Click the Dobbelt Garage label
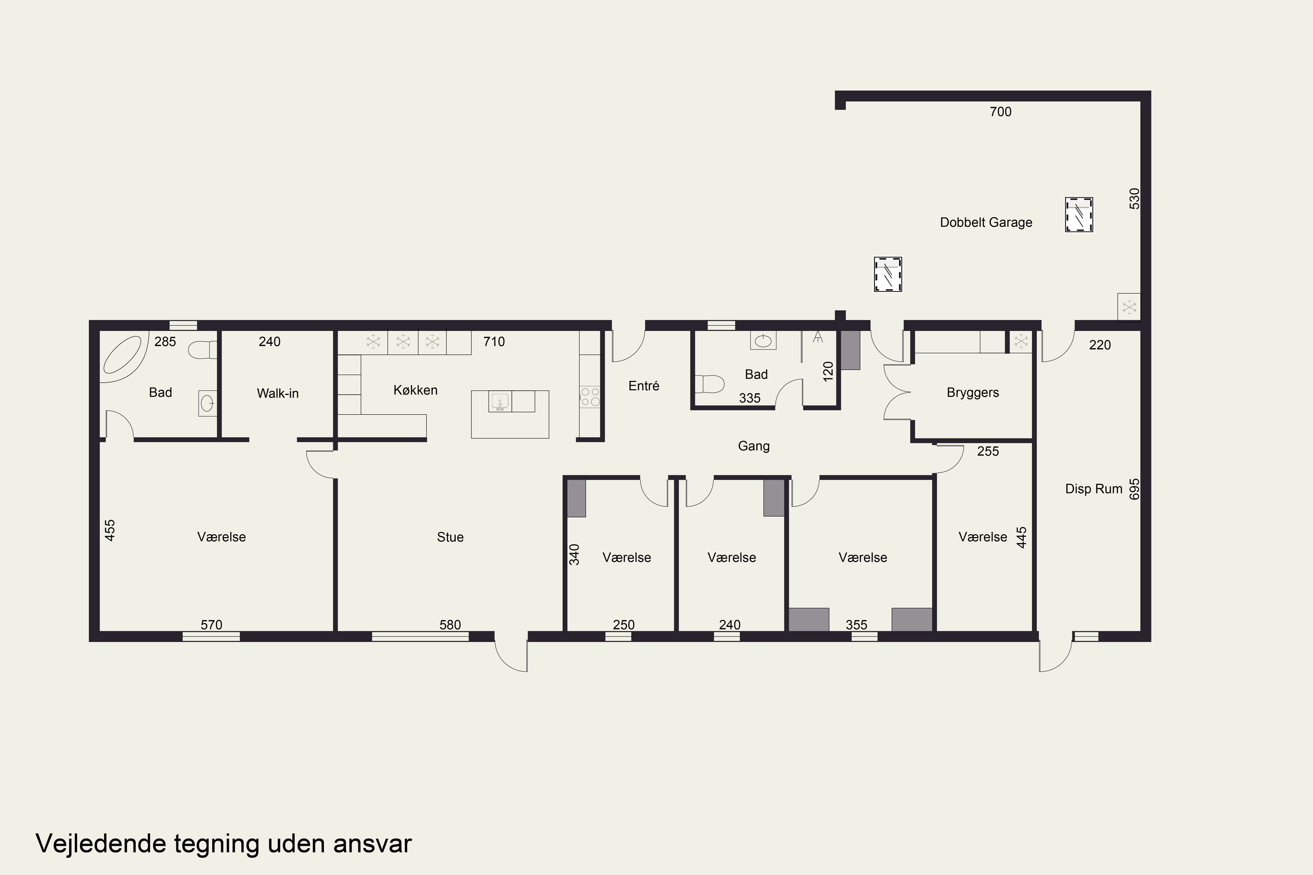986,222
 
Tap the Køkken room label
415,390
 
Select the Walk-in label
277,393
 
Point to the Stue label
450,537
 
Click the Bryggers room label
972,393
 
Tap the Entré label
644,385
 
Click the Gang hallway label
754,446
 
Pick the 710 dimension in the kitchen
494,342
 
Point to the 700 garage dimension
1001,112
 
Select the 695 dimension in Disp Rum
1134,489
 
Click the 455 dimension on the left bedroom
110,530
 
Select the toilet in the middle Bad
709,384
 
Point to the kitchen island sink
500,401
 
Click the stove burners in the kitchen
590,397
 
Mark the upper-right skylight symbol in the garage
1078,214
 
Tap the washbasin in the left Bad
207,402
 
